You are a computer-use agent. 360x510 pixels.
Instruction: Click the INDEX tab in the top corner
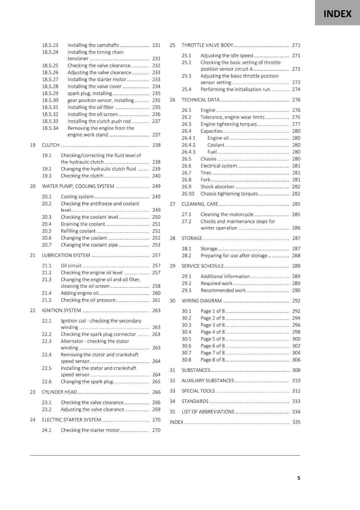click(337, 14)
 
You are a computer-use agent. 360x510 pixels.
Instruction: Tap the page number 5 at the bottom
click(299, 478)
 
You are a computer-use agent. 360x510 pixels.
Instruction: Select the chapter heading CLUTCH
click(51, 145)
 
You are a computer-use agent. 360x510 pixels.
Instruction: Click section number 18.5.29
click(50, 93)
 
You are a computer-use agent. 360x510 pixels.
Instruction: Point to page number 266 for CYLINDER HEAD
click(156, 392)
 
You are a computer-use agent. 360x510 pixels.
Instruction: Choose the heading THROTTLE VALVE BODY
click(207, 45)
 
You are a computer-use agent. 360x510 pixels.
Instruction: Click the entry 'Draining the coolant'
click(83, 224)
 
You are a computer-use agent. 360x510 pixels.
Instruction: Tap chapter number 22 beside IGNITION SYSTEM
click(32, 310)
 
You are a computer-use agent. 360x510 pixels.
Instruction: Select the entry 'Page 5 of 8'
click(212, 339)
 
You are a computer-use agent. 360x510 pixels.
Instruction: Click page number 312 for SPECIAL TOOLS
click(296, 391)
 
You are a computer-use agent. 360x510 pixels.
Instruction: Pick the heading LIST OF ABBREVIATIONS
click(208, 412)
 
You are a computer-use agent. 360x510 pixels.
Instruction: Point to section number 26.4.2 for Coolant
click(188, 145)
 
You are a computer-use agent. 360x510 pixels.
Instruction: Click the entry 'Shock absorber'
click(217, 187)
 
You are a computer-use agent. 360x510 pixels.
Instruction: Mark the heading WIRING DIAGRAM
click(201, 301)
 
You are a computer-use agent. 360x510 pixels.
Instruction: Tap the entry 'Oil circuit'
click(71, 266)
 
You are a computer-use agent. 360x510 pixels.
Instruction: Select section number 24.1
click(47, 430)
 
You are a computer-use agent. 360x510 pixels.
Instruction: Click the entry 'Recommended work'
click(223, 290)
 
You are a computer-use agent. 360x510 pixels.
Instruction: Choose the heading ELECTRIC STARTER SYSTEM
click(71, 420)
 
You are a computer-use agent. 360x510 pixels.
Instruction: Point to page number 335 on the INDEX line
click(296, 422)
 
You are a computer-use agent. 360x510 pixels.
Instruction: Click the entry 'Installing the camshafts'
click(93, 45)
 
